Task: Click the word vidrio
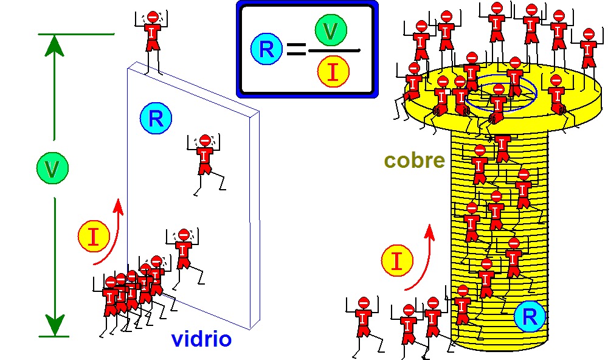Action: click(x=201, y=339)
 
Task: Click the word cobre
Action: click(x=415, y=161)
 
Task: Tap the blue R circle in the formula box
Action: click(x=266, y=49)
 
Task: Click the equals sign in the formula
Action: click(x=296, y=50)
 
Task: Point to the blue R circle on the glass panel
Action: click(x=156, y=119)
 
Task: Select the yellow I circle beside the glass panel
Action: click(x=93, y=236)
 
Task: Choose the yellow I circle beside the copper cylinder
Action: click(x=397, y=261)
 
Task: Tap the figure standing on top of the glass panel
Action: click(x=152, y=36)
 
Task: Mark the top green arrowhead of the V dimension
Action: click(x=55, y=45)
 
